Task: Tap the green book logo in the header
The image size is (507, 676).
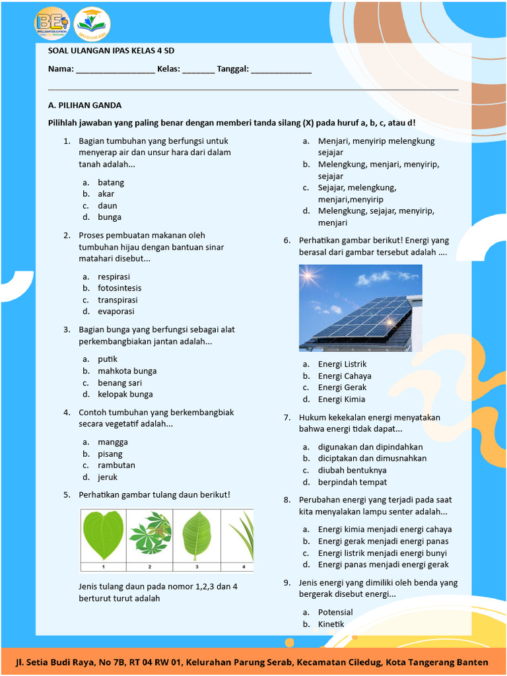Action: point(92,24)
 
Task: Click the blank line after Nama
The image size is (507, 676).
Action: point(116,70)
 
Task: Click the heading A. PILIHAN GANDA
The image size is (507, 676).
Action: point(85,105)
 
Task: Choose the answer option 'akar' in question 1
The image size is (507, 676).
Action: point(106,194)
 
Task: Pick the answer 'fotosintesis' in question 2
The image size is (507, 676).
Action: point(119,288)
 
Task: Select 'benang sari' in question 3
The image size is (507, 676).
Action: point(119,383)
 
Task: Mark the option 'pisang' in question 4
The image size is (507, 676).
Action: point(110,454)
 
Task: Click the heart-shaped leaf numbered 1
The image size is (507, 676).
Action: point(103,535)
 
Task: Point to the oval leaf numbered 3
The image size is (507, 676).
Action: point(196,535)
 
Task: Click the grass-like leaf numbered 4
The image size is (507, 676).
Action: point(242,535)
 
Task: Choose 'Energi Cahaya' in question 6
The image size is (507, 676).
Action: point(345,376)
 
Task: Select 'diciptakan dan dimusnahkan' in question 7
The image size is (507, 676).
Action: point(372,458)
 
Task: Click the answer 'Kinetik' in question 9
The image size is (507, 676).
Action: point(331,625)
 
